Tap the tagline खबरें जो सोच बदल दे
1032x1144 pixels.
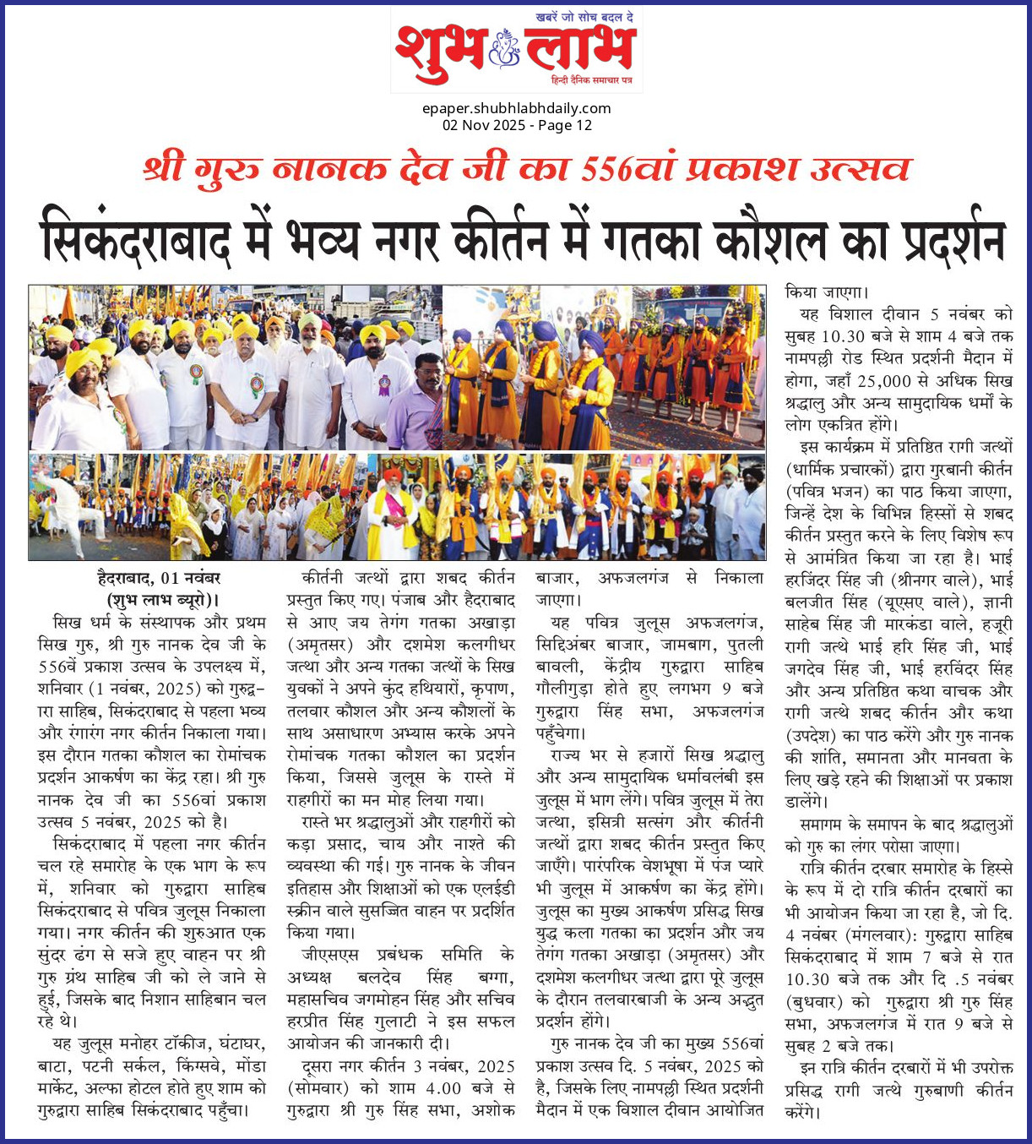click(x=584, y=18)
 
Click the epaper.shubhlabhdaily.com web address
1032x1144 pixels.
click(x=516, y=108)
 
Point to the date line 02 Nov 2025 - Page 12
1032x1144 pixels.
click(x=516, y=125)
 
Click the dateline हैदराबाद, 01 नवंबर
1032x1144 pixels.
click(x=159, y=579)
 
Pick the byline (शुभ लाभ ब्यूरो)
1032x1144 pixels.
click(x=159, y=599)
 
